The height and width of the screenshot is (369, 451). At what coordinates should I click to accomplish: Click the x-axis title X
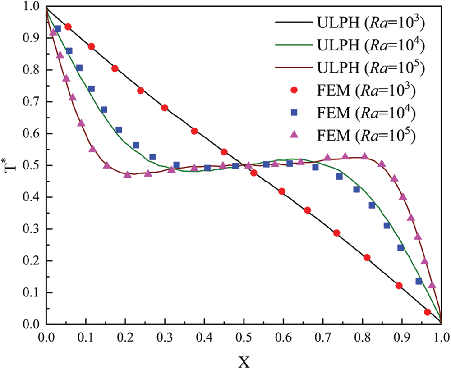point(244,360)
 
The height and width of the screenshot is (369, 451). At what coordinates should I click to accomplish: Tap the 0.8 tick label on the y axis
point(32,70)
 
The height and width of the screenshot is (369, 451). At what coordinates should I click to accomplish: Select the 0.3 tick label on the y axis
point(32,229)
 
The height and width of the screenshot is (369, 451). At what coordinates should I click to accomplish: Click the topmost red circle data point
point(68,27)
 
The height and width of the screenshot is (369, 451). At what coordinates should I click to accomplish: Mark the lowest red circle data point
point(428,312)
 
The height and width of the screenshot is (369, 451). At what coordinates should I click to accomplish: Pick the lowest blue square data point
point(419,282)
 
